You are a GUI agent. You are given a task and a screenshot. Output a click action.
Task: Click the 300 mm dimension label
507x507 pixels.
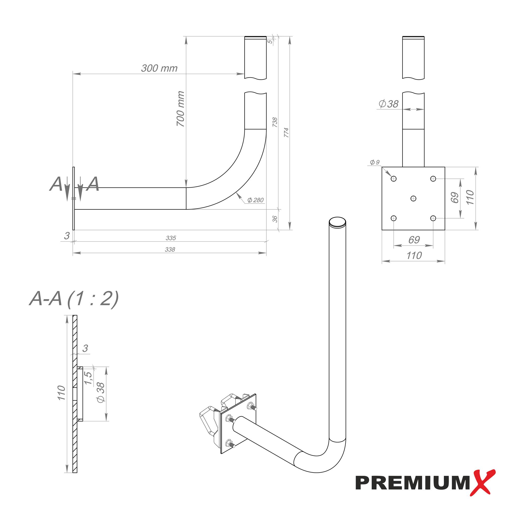(159, 68)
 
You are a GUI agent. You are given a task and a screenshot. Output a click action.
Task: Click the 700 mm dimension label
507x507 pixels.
(180, 109)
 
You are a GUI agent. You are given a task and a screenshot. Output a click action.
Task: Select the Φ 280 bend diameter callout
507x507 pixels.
(255, 200)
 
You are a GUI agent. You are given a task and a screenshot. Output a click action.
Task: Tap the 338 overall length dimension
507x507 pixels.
(170, 249)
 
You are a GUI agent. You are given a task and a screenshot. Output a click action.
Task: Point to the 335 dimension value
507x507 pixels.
(171, 238)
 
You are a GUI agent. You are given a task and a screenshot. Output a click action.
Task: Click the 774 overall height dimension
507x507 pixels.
(286, 133)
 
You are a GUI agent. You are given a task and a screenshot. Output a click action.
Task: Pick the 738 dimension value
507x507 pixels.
(275, 122)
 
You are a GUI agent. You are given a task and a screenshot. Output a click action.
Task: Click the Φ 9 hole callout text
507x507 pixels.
(374, 162)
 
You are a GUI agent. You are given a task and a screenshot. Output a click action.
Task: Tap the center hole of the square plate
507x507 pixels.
(413, 198)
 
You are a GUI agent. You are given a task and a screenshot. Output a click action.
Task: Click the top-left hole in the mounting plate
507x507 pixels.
(393, 179)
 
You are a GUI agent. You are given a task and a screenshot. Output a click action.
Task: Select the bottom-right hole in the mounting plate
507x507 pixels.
(433, 218)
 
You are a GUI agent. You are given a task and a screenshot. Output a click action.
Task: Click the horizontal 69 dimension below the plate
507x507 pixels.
(414, 240)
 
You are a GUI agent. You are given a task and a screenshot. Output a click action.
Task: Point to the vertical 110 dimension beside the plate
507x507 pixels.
(470, 198)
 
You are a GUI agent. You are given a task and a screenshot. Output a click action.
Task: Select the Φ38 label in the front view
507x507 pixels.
(389, 104)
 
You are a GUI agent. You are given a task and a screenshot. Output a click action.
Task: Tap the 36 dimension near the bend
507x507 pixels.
(275, 219)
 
